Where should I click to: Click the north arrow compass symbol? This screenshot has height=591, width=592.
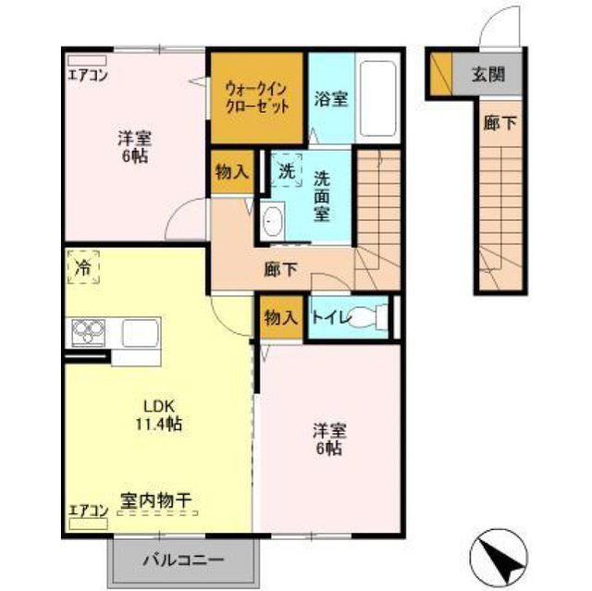coord(499,557)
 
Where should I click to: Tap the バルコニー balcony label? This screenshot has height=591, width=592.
coord(183,560)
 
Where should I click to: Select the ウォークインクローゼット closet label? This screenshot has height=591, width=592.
coord(257,98)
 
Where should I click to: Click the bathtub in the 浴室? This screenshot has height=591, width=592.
coord(378,98)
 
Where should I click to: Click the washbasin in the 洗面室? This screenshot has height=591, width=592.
coord(272,221)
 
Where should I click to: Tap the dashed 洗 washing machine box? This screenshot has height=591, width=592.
coord(287,170)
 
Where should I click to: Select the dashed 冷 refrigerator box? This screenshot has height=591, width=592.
coord(83,266)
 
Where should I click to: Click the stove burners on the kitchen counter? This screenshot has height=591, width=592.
coord(89,332)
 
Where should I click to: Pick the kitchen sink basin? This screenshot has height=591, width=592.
coord(140,333)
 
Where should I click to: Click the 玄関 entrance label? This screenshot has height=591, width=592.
coord(487,74)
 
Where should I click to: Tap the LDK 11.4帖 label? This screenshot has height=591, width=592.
coord(159,415)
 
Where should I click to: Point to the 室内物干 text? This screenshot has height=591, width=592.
coord(155,500)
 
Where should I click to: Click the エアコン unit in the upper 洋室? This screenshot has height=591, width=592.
coord(87,61)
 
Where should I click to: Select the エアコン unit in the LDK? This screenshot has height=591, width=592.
coord(89,523)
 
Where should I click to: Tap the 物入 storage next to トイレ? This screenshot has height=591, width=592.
coord(281,318)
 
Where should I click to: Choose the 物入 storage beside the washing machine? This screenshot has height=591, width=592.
coord(232,172)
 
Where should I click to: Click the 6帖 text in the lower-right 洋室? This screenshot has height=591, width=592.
coord(329,449)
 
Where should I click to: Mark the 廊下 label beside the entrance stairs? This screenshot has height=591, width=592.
coord(499,123)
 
